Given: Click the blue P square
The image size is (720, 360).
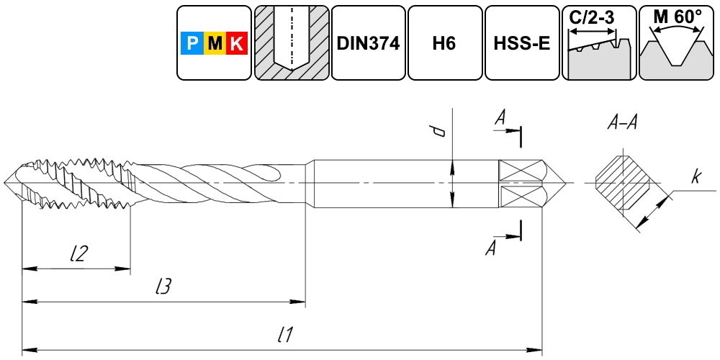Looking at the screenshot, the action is pyautogui.click(x=192, y=43).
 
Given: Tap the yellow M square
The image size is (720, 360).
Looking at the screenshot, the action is pyautogui.click(x=215, y=43).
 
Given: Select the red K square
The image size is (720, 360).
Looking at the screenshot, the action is pyautogui.click(x=237, y=43).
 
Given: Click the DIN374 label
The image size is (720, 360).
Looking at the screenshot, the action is pyautogui.click(x=368, y=44).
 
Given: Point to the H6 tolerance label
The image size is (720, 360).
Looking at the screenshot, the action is pyautogui.click(x=444, y=44).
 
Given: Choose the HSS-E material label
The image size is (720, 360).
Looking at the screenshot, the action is pyautogui.click(x=521, y=44).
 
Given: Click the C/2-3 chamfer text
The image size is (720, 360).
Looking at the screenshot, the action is pyautogui.click(x=592, y=17).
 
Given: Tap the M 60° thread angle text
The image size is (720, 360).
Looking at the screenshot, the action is pyautogui.click(x=677, y=17).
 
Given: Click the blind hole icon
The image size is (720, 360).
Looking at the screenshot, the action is pyautogui.click(x=292, y=42).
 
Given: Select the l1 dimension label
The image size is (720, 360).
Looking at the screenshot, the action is pyautogui.click(x=286, y=336).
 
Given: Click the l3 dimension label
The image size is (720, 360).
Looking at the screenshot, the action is pyautogui.click(x=163, y=287).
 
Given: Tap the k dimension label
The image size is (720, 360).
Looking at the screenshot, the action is pyautogui.click(x=696, y=178).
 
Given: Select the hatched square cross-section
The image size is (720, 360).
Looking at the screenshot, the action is pyautogui.click(x=622, y=183).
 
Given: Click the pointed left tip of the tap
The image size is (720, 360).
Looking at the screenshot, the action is pyautogui.click(x=4, y=183).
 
